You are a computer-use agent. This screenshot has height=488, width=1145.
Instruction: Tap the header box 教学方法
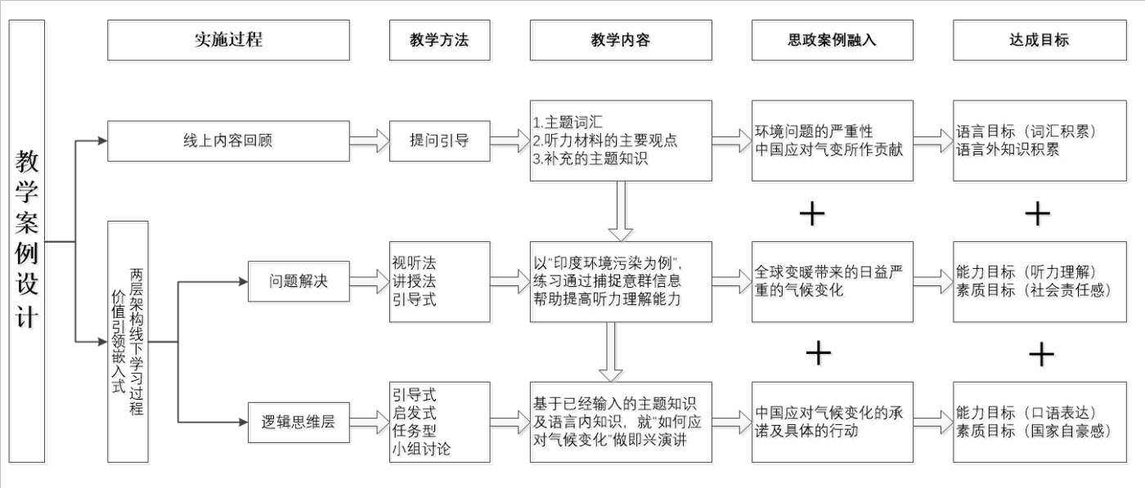440,40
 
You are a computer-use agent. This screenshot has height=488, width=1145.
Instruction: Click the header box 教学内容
621,40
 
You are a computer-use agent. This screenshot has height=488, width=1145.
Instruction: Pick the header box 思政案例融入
832,40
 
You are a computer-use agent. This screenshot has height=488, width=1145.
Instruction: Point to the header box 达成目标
1039,40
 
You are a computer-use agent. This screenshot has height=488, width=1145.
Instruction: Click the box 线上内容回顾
228,141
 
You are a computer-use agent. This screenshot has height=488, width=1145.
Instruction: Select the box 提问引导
440,141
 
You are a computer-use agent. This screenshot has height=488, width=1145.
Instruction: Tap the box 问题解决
299,282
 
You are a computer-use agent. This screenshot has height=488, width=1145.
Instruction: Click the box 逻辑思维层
299,422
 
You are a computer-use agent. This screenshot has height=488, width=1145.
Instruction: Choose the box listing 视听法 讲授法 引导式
440,282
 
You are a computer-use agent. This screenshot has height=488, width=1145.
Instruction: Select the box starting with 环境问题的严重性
832,141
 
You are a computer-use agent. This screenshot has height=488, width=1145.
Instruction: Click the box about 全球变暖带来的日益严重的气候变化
832,282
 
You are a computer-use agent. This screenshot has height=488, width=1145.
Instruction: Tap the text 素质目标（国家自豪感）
1034,431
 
